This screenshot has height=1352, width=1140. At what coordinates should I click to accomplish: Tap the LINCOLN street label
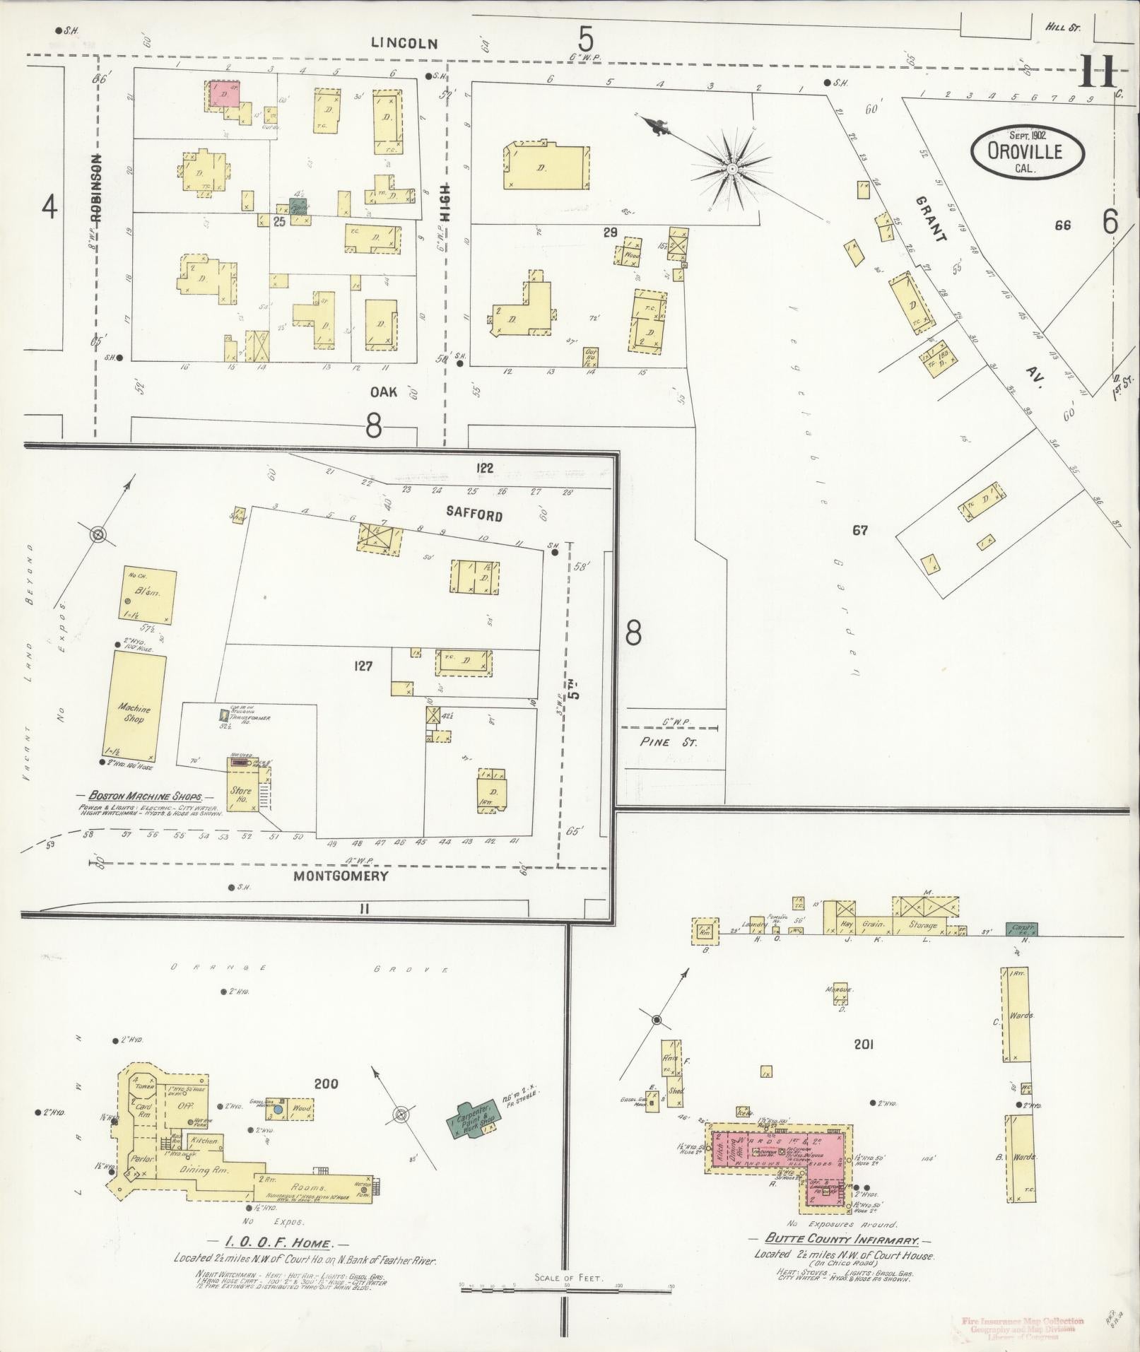(x=405, y=44)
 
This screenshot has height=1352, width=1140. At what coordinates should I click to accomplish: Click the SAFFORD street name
(x=474, y=515)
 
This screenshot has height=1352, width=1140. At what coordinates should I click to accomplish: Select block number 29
(x=610, y=232)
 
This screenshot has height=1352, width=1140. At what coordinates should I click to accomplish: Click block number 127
(x=363, y=666)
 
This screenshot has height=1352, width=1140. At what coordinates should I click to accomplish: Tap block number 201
(x=864, y=1044)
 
